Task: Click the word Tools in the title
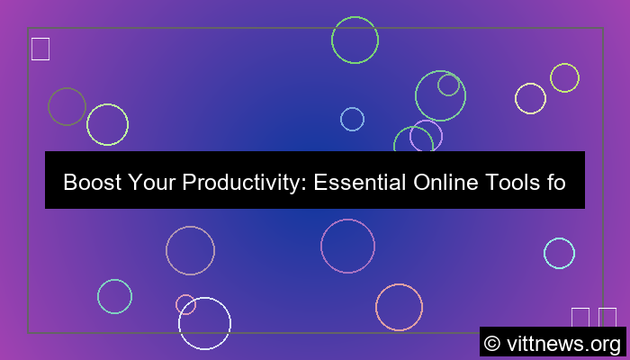[x=514, y=184]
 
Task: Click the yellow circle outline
[x=564, y=77]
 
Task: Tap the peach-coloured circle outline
[x=399, y=307]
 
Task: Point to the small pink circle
[x=185, y=304]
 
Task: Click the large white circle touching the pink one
[x=205, y=323]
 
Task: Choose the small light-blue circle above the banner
[x=352, y=119]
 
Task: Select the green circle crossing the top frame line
[x=355, y=40]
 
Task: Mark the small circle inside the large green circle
[x=448, y=85]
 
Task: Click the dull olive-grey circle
[x=67, y=106]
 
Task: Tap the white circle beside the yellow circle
[x=530, y=98]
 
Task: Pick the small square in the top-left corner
[x=40, y=49]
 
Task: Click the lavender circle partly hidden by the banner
[x=426, y=136]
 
